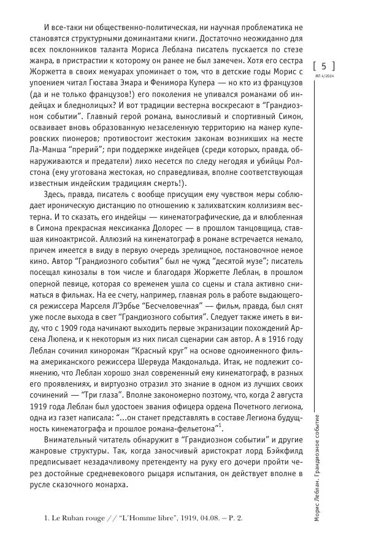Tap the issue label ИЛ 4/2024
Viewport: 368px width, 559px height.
point(324,77)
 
